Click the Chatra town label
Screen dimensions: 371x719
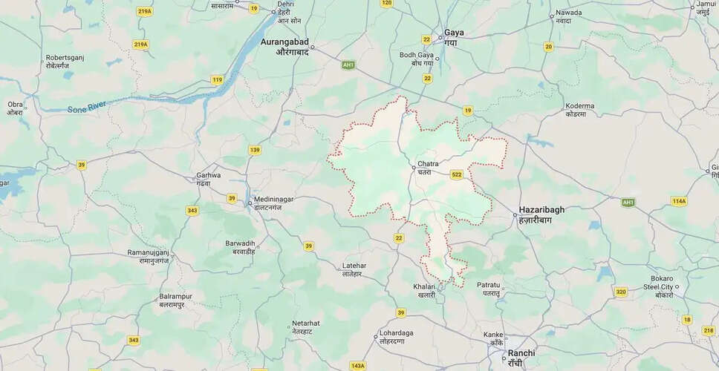(x=429, y=167)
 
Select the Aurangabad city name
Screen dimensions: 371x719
(x=284, y=47)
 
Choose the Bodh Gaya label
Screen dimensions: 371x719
(x=416, y=59)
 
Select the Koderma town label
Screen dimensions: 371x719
(x=579, y=110)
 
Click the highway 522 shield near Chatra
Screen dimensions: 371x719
(x=456, y=174)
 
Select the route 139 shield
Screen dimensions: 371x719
(x=255, y=151)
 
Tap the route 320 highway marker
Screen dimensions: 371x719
(x=621, y=292)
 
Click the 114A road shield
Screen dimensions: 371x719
(x=678, y=200)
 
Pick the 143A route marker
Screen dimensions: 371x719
(x=358, y=365)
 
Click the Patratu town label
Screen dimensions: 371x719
(x=489, y=289)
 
